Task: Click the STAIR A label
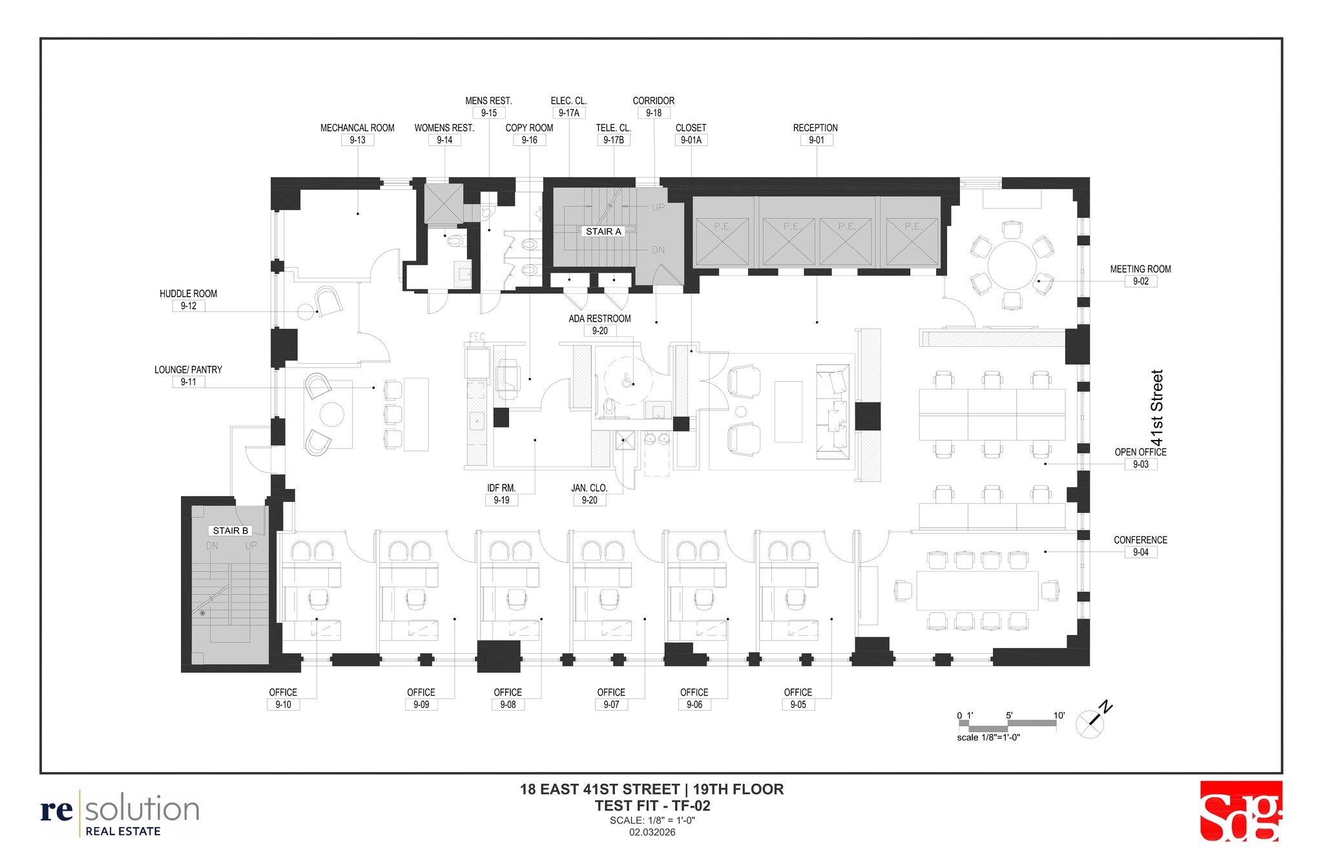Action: click(603, 231)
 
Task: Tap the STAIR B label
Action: click(231, 530)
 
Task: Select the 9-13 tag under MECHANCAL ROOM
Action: click(357, 140)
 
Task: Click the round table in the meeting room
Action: click(1012, 266)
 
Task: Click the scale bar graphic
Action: click(1007, 725)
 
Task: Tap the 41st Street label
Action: click(1156, 408)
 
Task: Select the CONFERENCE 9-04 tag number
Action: click(1140, 552)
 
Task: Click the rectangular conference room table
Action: click(977, 590)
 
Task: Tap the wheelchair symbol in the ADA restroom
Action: click(626, 382)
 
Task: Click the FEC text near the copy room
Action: click(477, 337)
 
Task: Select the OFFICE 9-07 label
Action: click(611, 693)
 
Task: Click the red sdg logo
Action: click(1240, 811)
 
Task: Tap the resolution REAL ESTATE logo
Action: click(120, 813)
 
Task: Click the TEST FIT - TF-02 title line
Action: click(652, 806)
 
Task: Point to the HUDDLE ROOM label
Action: click(188, 293)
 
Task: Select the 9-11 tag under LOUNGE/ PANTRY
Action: click(189, 382)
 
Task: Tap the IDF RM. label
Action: click(501, 488)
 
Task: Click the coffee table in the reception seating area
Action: click(788, 412)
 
